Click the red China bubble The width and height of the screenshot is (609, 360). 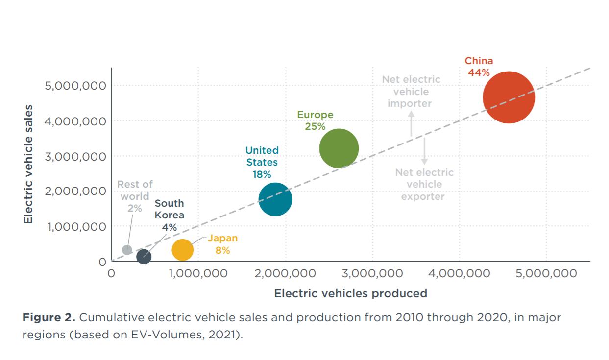[x=508, y=97]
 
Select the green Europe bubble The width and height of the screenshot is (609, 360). [x=339, y=148]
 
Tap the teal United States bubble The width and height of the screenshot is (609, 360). [x=275, y=199]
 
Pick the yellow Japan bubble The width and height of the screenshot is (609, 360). [x=183, y=250]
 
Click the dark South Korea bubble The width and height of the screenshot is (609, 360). [x=144, y=256]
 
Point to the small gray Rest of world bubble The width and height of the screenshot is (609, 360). [x=127, y=250]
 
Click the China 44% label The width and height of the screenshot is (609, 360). [x=479, y=67]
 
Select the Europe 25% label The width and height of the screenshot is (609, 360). [x=315, y=120]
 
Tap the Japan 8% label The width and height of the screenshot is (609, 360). [x=222, y=244]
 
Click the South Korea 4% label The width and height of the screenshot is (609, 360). [x=170, y=215]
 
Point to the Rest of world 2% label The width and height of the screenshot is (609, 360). [x=135, y=196]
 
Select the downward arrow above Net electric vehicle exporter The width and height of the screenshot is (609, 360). [x=424, y=151]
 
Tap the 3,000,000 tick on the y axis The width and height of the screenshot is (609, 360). [x=75, y=156]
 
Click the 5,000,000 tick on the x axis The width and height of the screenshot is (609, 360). [x=546, y=273]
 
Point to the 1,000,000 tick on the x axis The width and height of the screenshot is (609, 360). [x=198, y=273]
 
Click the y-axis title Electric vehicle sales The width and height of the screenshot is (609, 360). [x=28, y=164]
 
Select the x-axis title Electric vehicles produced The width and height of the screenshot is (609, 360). [x=350, y=293]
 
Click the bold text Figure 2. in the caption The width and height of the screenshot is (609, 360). [x=49, y=317]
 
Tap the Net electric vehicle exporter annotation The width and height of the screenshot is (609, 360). [x=424, y=185]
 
